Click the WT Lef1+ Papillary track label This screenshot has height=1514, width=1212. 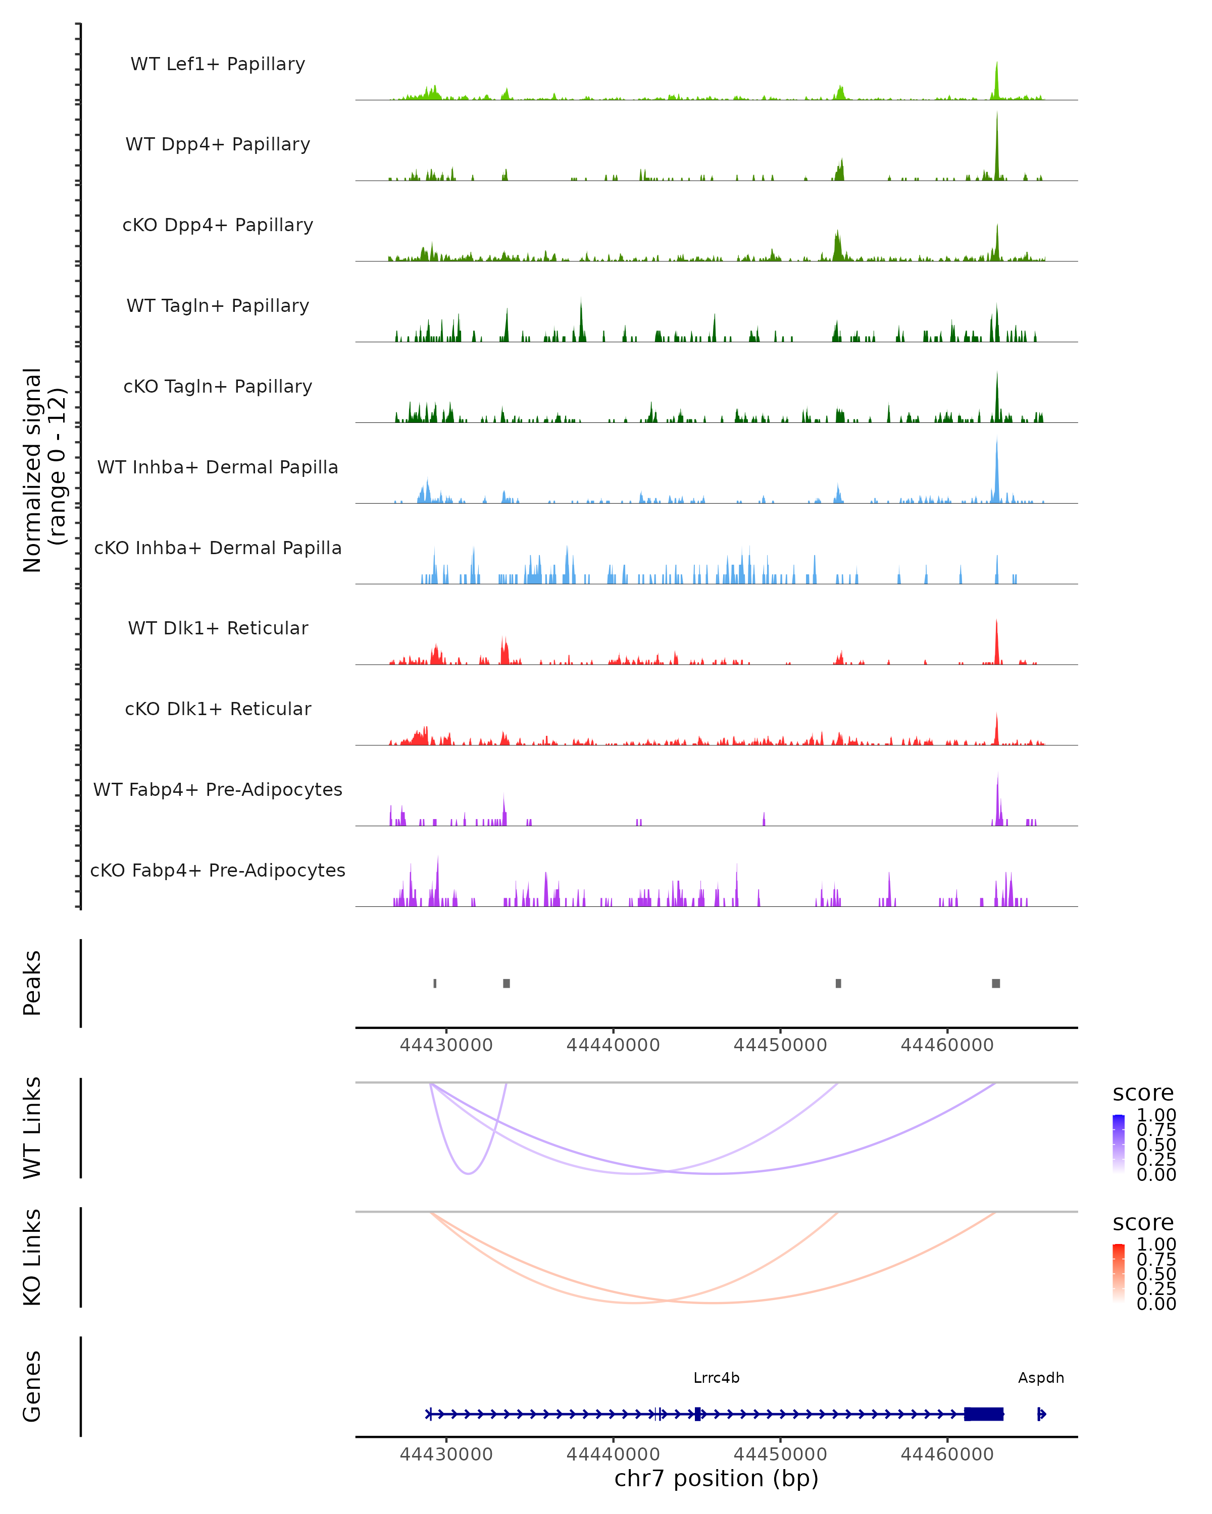coord(218,64)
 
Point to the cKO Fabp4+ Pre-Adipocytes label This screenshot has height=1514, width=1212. coord(218,870)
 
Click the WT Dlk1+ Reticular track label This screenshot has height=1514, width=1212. coord(218,628)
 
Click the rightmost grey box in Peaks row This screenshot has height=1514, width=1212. coord(995,983)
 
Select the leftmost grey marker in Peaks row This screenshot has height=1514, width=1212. coord(435,983)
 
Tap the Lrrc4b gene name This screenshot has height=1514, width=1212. coord(716,1378)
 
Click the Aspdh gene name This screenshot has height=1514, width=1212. coord(1041,1378)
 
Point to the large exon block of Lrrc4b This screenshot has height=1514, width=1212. coord(984,1414)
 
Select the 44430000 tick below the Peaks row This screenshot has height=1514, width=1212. coord(446,1045)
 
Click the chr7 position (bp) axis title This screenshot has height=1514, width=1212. coord(716,1478)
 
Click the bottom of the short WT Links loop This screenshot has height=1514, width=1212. coord(469,1173)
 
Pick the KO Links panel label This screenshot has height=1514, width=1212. coord(32,1258)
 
